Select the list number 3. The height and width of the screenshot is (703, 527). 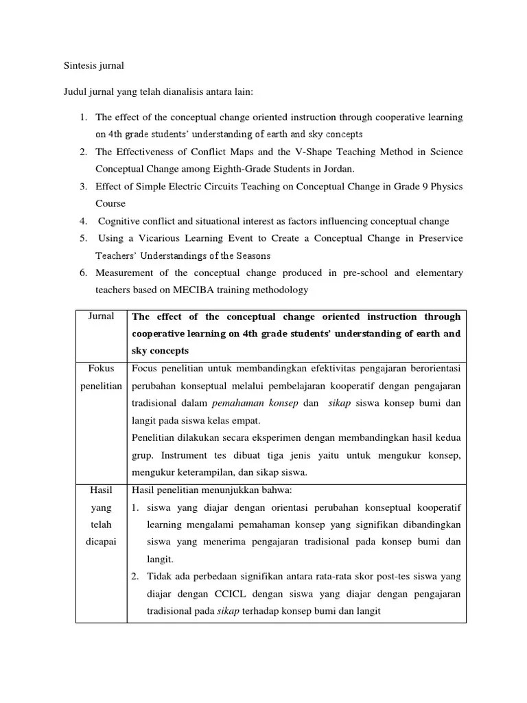click(82, 186)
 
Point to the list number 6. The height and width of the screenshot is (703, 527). click(82, 273)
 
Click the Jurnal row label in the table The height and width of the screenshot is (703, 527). click(101, 316)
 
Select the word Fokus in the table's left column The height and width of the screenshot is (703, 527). click(101, 368)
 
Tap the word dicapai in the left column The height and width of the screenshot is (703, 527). click(101, 541)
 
